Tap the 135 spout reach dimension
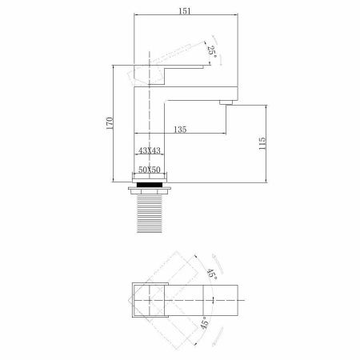[x=178, y=129]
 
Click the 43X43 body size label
[x=149, y=150]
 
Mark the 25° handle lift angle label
[x=212, y=50]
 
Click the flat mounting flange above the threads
[x=150, y=191]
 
